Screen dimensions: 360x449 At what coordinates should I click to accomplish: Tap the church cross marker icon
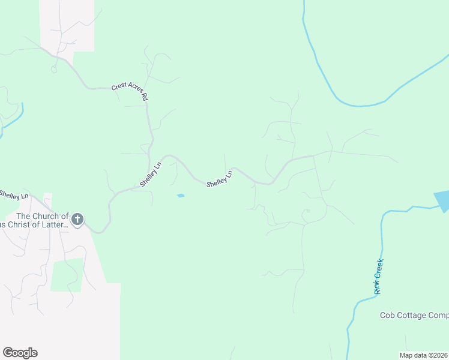(x=77, y=220)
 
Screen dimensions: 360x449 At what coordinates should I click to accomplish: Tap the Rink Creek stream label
(x=378, y=276)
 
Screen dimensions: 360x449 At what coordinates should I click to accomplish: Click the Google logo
(x=20, y=352)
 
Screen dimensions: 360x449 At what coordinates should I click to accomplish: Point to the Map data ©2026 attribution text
(x=424, y=355)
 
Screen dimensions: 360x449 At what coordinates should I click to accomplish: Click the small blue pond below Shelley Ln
(x=181, y=196)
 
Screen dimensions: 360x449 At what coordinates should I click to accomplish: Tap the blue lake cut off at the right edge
(x=442, y=200)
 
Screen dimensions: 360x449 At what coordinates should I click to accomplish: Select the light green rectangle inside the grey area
(x=67, y=275)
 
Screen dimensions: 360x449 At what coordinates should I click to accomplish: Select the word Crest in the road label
(x=119, y=87)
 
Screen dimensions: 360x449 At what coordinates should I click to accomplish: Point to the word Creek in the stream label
(x=379, y=269)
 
